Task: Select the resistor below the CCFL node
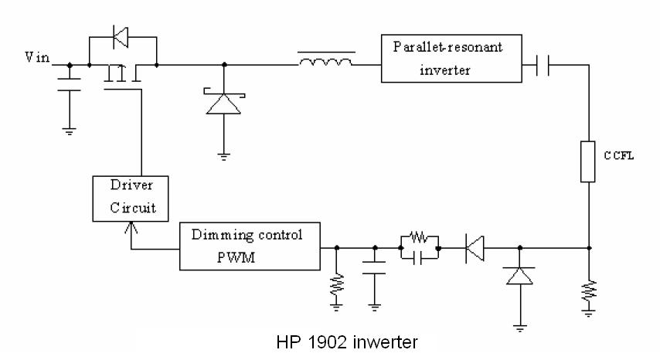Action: [589, 291]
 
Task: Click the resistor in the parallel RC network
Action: [419, 237]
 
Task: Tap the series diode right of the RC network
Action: [477, 248]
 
